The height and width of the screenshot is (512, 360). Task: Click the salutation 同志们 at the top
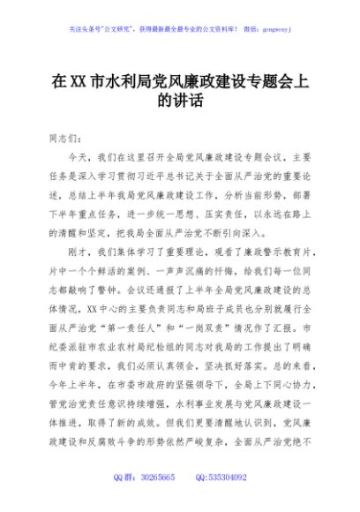click(x=62, y=139)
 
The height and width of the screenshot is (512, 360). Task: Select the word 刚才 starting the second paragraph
click(x=81, y=251)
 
